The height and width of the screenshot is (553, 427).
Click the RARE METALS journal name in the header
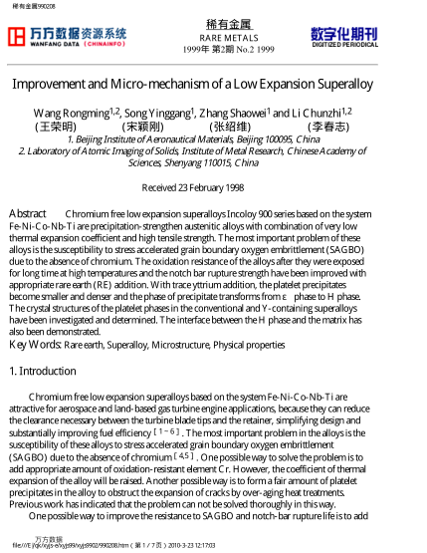[212, 35]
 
